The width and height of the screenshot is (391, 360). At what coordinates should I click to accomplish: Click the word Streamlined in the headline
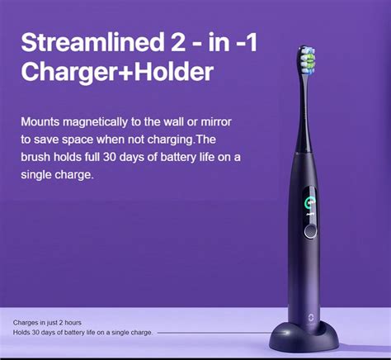click(92, 42)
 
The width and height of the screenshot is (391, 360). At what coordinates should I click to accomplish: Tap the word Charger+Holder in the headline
click(117, 72)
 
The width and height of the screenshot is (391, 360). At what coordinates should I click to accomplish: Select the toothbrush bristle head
click(308, 59)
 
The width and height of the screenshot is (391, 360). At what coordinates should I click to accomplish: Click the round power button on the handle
click(311, 231)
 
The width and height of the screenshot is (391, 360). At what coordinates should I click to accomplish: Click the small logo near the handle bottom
click(310, 318)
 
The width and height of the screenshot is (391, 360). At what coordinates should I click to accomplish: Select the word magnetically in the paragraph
click(95, 122)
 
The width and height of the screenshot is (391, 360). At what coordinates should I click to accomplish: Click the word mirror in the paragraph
click(216, 122)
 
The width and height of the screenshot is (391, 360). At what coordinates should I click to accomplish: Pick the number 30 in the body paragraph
click(109, 157)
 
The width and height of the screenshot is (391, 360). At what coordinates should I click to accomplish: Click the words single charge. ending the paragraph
click(57, 175)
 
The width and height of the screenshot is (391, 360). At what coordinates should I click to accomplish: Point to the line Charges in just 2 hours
click(47, 323)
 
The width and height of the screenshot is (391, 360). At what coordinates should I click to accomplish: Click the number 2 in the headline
click(177, 42)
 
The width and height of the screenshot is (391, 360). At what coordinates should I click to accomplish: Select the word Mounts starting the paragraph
click(40, 122)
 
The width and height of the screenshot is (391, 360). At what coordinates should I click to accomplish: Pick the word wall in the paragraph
click(174, 122)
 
